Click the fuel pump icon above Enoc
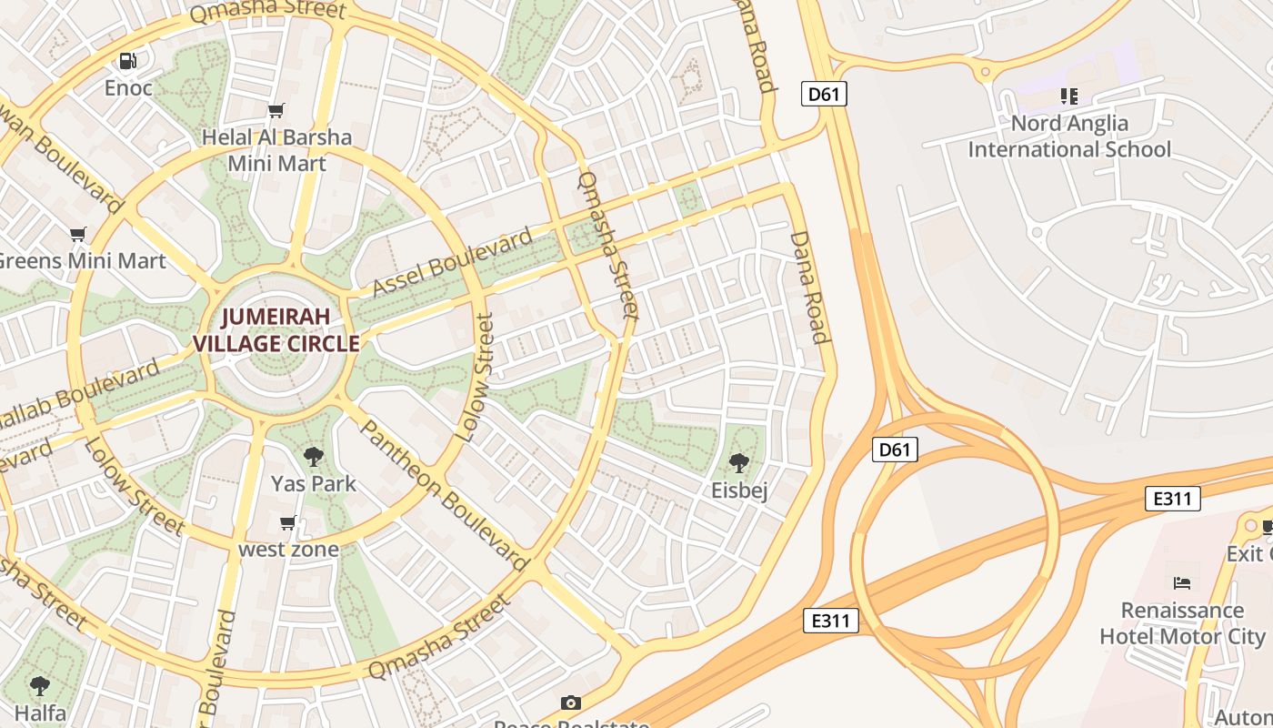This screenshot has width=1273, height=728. point(128,61)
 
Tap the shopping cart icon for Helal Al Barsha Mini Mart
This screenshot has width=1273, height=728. point(276,111)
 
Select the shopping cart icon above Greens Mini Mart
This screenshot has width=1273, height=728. point(78,235)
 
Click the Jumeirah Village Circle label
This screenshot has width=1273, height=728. point(276,330)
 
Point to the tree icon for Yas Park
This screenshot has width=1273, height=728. point(314,457)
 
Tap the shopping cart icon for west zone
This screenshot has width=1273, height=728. point(288,522)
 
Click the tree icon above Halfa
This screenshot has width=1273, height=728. point(39,685)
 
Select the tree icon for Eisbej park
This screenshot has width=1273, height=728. point(739,463)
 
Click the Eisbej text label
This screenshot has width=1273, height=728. point(739,491)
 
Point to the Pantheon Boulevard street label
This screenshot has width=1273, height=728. point(445,496)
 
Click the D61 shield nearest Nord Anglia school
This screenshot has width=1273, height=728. point(824,93)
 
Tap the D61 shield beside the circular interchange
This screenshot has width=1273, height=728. point(895,450)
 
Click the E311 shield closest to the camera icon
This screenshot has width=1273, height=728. point(831,621)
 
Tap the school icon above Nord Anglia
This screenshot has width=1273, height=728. point(1068,96)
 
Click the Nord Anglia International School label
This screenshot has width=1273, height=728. point(1069,136)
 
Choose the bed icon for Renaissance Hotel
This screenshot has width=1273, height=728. point(1182,582)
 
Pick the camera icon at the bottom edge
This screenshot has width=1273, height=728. point(570,703)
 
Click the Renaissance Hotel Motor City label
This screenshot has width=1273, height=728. point(1182,622)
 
